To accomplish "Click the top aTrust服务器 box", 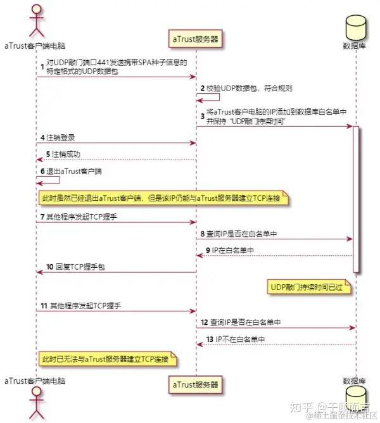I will pos(196,39).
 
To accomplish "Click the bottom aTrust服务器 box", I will pos(196,384).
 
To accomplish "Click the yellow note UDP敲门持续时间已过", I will pos(311,287).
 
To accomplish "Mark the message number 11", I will pos(44,305).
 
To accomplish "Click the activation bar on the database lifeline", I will pos(355,199).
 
